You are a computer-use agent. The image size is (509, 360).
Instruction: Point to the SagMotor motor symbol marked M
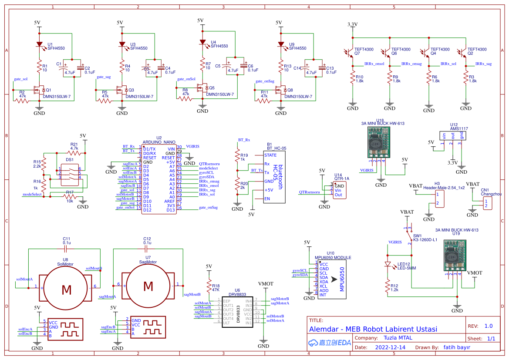tap(148, 286)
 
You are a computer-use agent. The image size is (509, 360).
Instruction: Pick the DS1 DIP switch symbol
tap(70, 173)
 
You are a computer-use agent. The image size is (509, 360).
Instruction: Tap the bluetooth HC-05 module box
tap(274, 177)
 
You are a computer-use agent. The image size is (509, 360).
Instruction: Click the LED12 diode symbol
tap(387, 264)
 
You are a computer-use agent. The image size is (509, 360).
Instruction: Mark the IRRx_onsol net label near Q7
tap(374, 64)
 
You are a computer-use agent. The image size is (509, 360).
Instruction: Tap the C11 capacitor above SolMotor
tap(66, 249)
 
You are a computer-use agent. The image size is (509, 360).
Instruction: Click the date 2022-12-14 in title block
tap(390, 347)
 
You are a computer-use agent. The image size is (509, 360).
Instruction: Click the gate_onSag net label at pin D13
tap(208, 208)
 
